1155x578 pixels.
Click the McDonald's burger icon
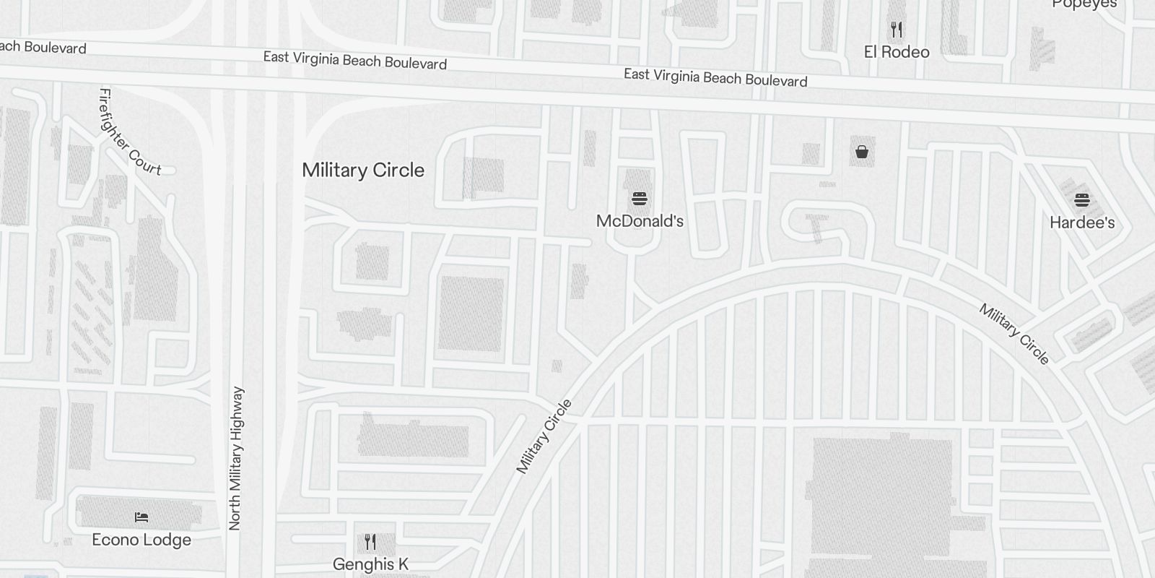(x=639, y=199)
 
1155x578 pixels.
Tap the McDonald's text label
(x=640, y=221)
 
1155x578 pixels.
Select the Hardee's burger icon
(x=1081, y=200)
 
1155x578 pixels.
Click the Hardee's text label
(x=1081, y=223)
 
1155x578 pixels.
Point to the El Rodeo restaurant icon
(x=897, y=30)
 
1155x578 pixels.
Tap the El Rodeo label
(x=897, y=52)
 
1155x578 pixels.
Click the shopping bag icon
(x=861, y=152)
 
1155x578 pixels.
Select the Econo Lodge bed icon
(x=141, y=517)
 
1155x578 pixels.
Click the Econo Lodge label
(x=141, y=540)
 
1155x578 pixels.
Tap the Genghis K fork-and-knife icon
(x=370, y=542)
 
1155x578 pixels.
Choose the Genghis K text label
(x=370, y=564)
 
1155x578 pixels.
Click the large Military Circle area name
(x=363, y=171)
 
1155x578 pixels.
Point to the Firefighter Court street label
(x=130, y=131)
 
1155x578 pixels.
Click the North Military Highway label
(x=235, y=459)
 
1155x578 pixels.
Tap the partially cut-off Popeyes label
(x=1084, y=4)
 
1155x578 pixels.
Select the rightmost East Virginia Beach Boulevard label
(x=715, y=77)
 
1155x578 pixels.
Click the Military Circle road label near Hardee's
(x=1014, y=333)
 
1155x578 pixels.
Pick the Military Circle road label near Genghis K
(x=544, y=436)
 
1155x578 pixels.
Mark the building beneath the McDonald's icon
(x=637, y=182)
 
